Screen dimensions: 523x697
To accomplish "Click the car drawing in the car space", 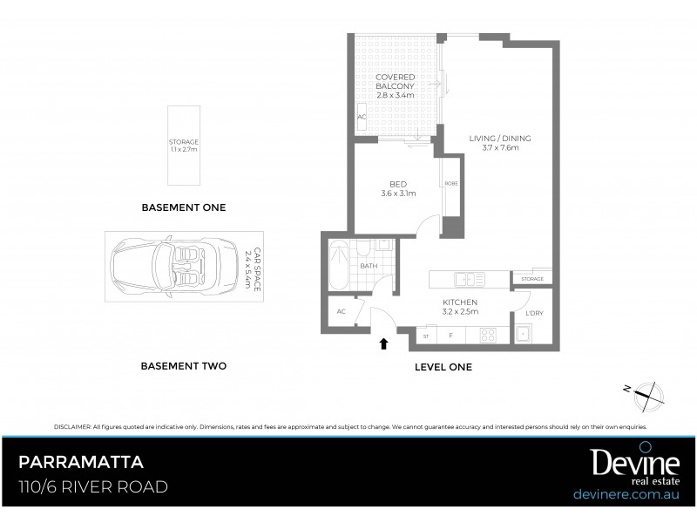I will click(174, 265).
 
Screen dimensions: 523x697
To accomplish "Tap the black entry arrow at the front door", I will click(383, 343).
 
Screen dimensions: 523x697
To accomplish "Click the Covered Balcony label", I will click(395, 82).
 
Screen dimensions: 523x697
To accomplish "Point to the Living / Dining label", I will click(500, 143).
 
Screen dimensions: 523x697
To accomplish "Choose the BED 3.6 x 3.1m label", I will click(398, 188).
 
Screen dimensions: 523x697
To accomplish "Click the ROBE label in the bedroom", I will click(451, 183).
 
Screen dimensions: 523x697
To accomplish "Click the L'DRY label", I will click(534, 313).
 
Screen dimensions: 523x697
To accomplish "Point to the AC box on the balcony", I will click(362, 116).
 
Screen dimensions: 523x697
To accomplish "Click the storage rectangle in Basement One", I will click(184, 145).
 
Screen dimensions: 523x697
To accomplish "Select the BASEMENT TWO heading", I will click(183, 366).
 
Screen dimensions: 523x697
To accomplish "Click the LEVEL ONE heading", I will click(443, 367).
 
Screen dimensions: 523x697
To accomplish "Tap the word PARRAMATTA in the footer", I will click(81, 462).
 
